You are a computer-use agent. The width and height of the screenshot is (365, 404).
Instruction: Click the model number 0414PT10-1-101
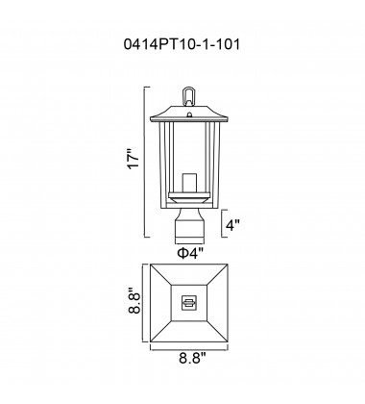click(182, 44)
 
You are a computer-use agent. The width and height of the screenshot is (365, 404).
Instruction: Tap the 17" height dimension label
click(134, 159)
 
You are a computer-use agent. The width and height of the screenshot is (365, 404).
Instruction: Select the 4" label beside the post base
click(232, 225)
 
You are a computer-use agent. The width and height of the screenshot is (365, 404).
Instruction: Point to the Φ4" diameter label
click(190, 253)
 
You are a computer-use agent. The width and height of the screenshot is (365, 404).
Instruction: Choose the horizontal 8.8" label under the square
click(192, 358)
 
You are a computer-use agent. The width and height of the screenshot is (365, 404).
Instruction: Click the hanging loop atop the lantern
click(188, 96)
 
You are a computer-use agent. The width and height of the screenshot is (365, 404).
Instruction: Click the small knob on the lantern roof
click(189, 114)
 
